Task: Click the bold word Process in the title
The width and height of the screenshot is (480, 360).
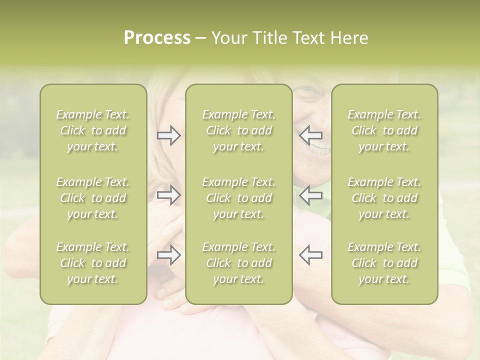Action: click(x=157, y=38)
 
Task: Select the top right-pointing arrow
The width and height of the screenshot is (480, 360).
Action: click(x=169, y=135)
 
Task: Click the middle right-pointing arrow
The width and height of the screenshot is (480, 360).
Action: click(x=169, y=195)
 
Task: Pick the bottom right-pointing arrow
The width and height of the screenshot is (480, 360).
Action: click(x=169, y=255)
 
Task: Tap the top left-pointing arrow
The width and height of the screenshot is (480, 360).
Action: click(x=311, y=135)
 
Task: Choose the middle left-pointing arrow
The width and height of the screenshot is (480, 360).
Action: click(x=311, y=195)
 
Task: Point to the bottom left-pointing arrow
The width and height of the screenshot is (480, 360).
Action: click(x=311, y=255)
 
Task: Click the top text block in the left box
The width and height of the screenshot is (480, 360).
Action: click(x=93, y=130)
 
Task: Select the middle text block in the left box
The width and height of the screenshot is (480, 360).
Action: click(x=93, y=198)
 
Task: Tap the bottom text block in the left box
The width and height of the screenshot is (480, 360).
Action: click(x=93, y=263)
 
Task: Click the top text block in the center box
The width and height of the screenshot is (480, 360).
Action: click(x=238, y=130)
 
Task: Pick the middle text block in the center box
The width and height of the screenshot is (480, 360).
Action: click(x=238, y=198)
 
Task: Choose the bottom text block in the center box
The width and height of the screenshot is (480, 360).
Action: click(x=238, y=263)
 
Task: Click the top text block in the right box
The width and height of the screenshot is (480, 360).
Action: click(x=384, y=130)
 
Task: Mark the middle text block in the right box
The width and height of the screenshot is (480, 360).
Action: click(x=384, y=198)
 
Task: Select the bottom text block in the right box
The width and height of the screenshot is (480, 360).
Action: click(x=384, y=263)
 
